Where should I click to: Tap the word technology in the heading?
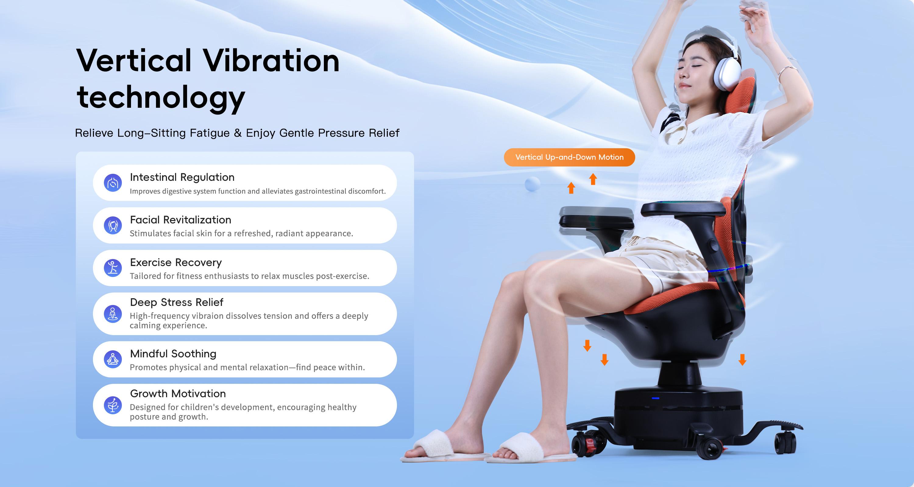click(x=161, y=97)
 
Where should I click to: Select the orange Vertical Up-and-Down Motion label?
click(x=569, y=157)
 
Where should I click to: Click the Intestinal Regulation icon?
click(x=113, y=183)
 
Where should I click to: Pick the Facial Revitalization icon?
click(x=113, y=226)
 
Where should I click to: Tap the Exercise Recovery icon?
click(x=113, y=268)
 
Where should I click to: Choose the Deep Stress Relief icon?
click(x=113, y=314)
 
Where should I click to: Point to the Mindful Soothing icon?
click(x=113, y=359)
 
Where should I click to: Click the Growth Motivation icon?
click(x=113, y=405)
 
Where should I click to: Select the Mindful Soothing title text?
click(x=173, y=354)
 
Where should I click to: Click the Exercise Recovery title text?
click(x=176, y=263)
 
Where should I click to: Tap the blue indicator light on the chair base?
click(x=655, y=398)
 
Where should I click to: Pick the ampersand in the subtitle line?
click(x=238, y=133)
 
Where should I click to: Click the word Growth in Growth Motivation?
click(x=149, y=394)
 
